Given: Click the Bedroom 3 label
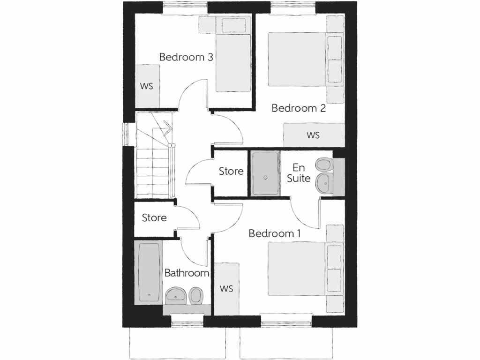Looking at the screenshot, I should point(186,57).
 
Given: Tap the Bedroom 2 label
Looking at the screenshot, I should point(299,108).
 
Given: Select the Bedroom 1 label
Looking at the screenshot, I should point(275,233).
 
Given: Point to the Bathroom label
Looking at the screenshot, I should point(186,273).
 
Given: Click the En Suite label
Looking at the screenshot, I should point(299,172).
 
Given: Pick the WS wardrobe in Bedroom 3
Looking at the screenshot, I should point(147,86).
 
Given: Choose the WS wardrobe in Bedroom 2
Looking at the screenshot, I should point(314,135).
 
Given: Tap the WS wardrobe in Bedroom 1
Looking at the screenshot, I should point(226,288).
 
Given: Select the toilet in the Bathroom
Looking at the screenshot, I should point(196,295).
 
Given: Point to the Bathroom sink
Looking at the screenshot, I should point(175,294).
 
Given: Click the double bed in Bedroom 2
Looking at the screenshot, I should point(297,59).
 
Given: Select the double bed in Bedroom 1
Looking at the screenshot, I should point(297,269).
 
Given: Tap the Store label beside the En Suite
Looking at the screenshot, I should point(231,171).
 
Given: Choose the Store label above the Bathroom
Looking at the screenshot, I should point(154,217).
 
